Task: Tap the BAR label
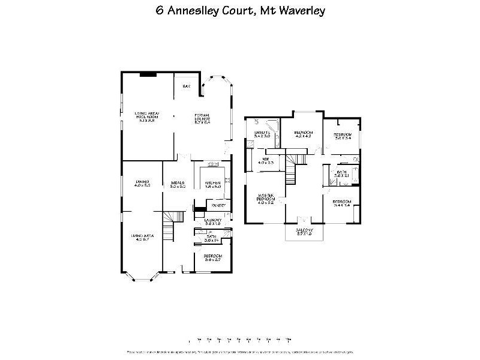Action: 186,87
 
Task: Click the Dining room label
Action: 142,184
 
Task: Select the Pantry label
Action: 218,206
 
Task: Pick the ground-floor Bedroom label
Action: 213,257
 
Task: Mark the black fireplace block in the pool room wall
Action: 148,74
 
